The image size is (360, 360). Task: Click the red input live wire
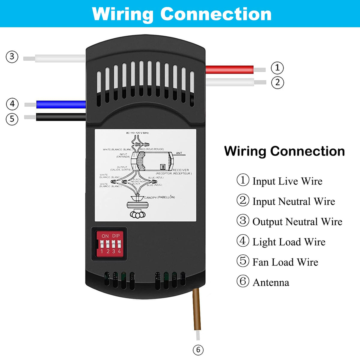(x=229, y=70)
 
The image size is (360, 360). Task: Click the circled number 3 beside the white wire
(x=12, y=57)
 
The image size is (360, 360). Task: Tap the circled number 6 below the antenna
(x=198, y=350)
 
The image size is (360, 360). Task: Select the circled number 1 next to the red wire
(x=277, y=68)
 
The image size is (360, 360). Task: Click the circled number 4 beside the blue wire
(x=12, y=104)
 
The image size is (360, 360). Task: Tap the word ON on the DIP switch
(x=105, y=236)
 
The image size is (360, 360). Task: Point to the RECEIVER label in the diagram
(x=181, y=170)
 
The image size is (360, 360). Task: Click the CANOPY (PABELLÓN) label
(x=160, y=197)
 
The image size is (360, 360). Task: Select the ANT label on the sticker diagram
(x=179, y=153)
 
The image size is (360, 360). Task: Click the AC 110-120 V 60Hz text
(x=137, y=133)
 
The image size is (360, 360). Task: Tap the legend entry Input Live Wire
(x=287, y=181)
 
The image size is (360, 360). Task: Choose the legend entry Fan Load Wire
(x=285, y=262)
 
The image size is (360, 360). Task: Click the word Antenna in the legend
(x=271, y=283)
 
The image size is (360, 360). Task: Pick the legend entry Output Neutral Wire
(x=297, y=222)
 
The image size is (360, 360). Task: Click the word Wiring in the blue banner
(x=122, y=14)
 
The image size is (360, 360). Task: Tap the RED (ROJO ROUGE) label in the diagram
(x=152, y=149)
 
